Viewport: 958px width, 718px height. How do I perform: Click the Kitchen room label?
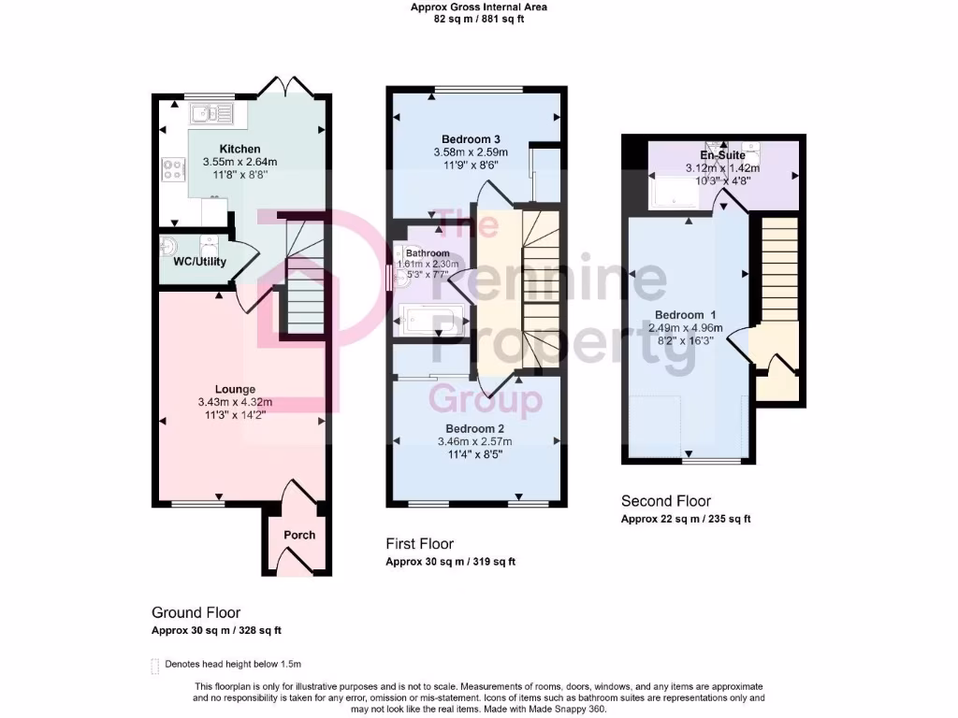click(239, 149)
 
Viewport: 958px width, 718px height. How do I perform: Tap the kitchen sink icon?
click(212, 114)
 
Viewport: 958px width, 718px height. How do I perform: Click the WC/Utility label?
click(199, 262)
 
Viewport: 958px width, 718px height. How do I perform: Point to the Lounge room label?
click(235, 389)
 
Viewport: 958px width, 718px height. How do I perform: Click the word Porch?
click(299, 535)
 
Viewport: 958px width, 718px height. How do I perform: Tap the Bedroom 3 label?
click(471, 139)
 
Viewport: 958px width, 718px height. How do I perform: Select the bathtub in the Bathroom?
click(431, 321)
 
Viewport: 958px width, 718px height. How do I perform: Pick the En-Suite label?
click(722, 155)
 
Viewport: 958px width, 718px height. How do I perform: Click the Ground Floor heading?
click(196, 612)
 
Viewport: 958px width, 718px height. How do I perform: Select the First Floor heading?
click(419, 543)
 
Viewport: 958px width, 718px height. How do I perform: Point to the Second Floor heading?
click(666, 501)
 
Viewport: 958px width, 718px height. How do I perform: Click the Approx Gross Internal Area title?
click(478, 7)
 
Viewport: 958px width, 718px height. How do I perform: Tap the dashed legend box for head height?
click(155, 665)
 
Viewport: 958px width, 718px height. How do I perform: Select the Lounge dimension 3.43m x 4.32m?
click(235, 402)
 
